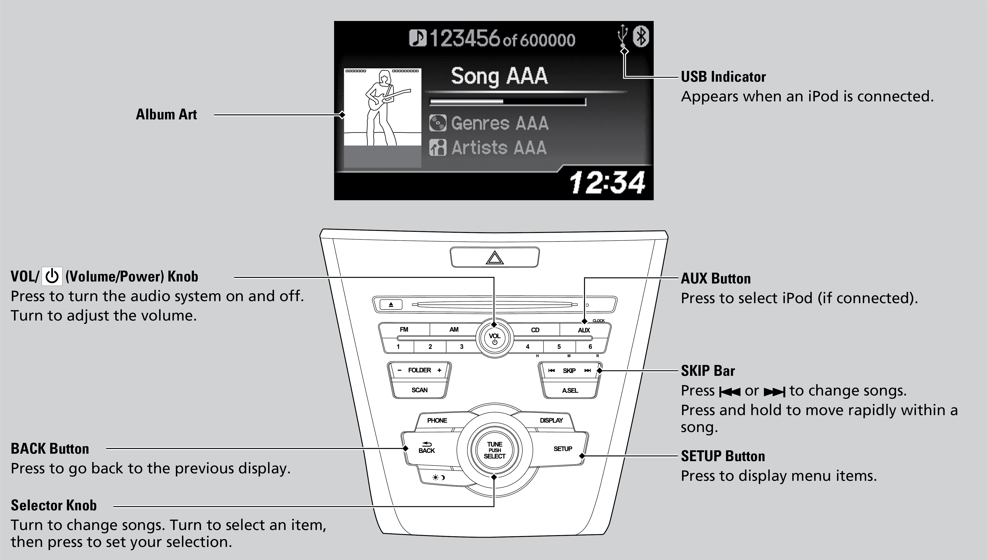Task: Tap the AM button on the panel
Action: (x=454, y=330)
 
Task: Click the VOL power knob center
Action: (x=494, y=339)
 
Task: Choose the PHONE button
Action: (x=437, y=420)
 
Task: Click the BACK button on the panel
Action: (x=427, y=448)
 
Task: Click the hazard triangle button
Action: (x=495, y=257)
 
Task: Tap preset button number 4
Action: (x=528, y=346)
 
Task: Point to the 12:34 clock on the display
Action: (x=607, y=182)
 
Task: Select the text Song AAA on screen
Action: (x=499, y=76)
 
